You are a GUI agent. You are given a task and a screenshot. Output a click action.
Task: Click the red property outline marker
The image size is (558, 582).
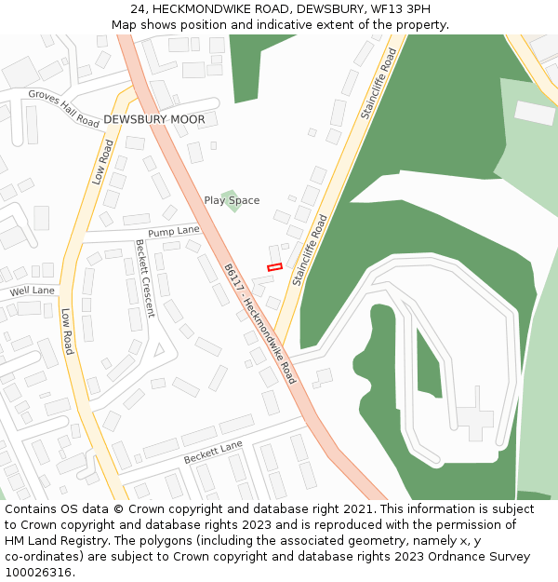point(274,267)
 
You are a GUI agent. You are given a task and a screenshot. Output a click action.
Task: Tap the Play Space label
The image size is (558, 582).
point(232,200)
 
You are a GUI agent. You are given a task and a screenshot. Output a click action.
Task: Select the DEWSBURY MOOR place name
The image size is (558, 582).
point(154,120)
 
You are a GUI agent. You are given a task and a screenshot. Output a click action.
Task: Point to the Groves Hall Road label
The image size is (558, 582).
point(63,109)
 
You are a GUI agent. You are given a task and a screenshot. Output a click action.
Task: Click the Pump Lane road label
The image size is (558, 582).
point(174,230)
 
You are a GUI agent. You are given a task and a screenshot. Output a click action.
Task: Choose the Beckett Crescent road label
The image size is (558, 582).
point(144,278)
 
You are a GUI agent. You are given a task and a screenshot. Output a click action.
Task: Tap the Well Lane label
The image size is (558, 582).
point(33,291)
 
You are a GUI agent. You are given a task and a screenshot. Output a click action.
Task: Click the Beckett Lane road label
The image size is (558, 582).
point(213,453)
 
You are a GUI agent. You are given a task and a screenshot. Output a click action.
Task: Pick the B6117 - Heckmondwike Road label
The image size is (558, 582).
point(259,323)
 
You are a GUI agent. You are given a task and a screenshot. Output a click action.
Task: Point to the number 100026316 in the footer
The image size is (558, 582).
point(40,573)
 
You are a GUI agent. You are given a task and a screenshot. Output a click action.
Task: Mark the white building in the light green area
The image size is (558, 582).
point(535,113)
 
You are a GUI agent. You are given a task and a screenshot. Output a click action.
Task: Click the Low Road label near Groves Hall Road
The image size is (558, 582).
point(103,162)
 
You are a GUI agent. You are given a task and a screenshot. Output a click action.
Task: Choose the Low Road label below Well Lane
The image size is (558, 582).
point(67,332)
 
